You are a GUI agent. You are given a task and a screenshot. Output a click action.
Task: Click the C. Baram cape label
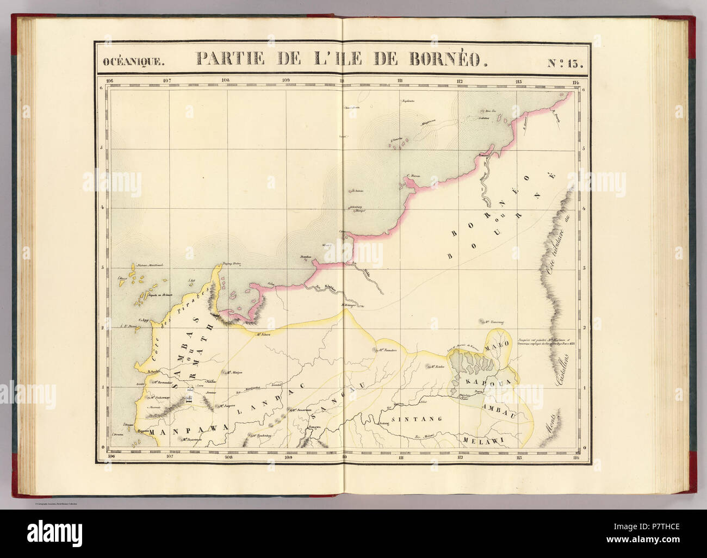tap(414, 176)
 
